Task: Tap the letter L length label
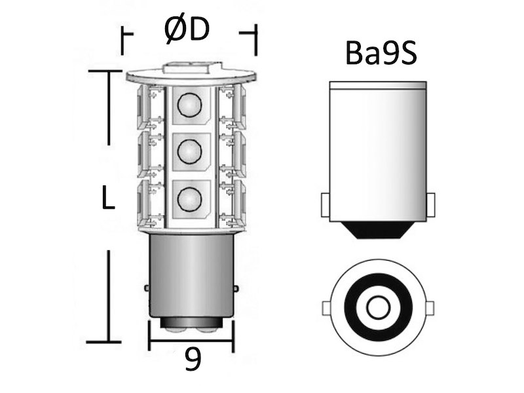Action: pos(108,197)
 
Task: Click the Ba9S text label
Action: pos(381,55)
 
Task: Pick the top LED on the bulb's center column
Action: pos(190,105)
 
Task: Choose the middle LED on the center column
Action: pos(190,151)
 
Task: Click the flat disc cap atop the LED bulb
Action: pos(191,77)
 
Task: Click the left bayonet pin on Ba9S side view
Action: pos(325,205)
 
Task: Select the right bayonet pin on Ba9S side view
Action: pos(430,205)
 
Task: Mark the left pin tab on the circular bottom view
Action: pos(327,308)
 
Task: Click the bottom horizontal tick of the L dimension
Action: pos(104,341)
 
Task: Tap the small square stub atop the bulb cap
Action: pos(191,66)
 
